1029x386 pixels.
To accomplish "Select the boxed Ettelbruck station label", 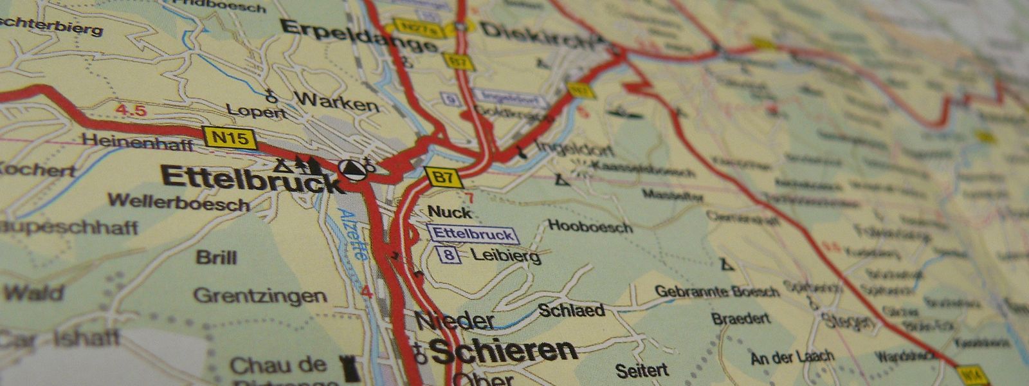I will coord(473,234).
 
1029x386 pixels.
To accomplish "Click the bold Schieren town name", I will coord(504,351).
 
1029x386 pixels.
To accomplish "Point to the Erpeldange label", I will coord(360,37).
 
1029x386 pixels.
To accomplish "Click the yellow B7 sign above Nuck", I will coord(443,177).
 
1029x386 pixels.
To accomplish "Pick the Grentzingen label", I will coord(260,296).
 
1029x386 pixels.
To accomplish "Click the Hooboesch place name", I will coord(590,226).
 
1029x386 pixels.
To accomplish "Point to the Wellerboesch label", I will coord(178,203).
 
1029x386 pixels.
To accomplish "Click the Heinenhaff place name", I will coord(138,142).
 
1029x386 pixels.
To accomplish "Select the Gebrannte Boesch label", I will coord(717,291).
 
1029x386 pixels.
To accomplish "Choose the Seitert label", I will coord(642,371).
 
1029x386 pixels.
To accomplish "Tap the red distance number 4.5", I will coord(131,111).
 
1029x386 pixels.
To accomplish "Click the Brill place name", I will coord(217,258).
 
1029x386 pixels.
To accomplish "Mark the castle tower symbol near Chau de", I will coord(352,369).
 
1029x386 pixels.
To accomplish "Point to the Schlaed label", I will coord(571,311).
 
